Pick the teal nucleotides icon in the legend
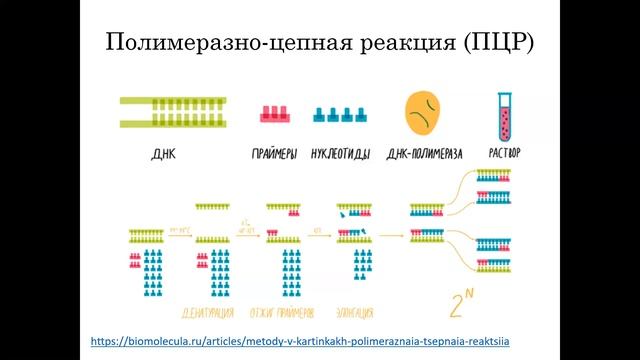click(x=339, y=115)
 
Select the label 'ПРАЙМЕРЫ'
click(x=272, y=155)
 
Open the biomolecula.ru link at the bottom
click(x=300, y=341)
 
